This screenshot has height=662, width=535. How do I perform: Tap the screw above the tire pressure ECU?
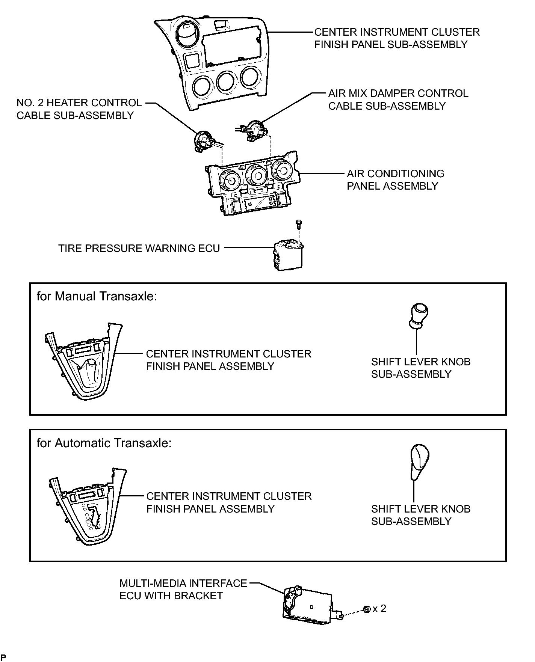(298, 225)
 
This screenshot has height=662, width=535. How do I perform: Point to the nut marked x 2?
(367, 609)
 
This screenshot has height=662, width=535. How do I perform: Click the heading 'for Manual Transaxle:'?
(97, 297)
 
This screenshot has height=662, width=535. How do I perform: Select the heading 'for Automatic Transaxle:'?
(104, 443)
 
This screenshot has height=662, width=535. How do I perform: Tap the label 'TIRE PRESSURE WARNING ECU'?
(139, 249)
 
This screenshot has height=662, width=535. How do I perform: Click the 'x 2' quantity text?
(379, 609)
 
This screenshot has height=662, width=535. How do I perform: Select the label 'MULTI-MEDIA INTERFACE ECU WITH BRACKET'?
(183, 590)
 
